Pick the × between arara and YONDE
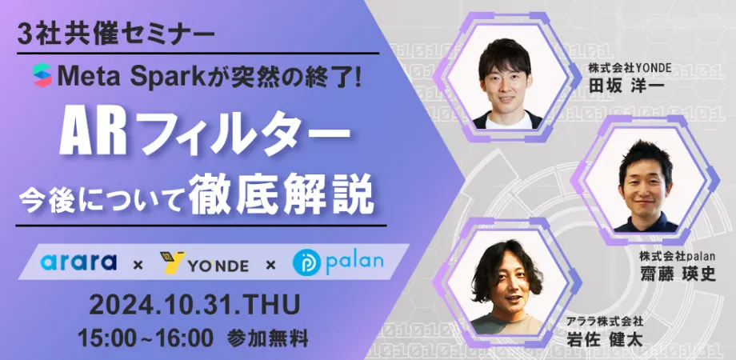[x=138, y=263]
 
